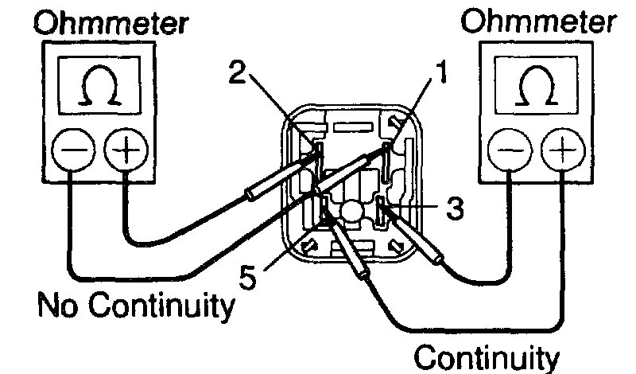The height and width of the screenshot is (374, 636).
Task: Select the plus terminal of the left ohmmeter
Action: tap(122, 149)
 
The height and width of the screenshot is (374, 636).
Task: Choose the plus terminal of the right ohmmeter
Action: tap(560, 150)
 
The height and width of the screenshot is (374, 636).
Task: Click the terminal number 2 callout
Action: tap(237, 73)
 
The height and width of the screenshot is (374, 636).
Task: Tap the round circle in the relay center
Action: tap(351, 211)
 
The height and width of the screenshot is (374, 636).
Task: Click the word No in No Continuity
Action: tap(59, 306)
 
